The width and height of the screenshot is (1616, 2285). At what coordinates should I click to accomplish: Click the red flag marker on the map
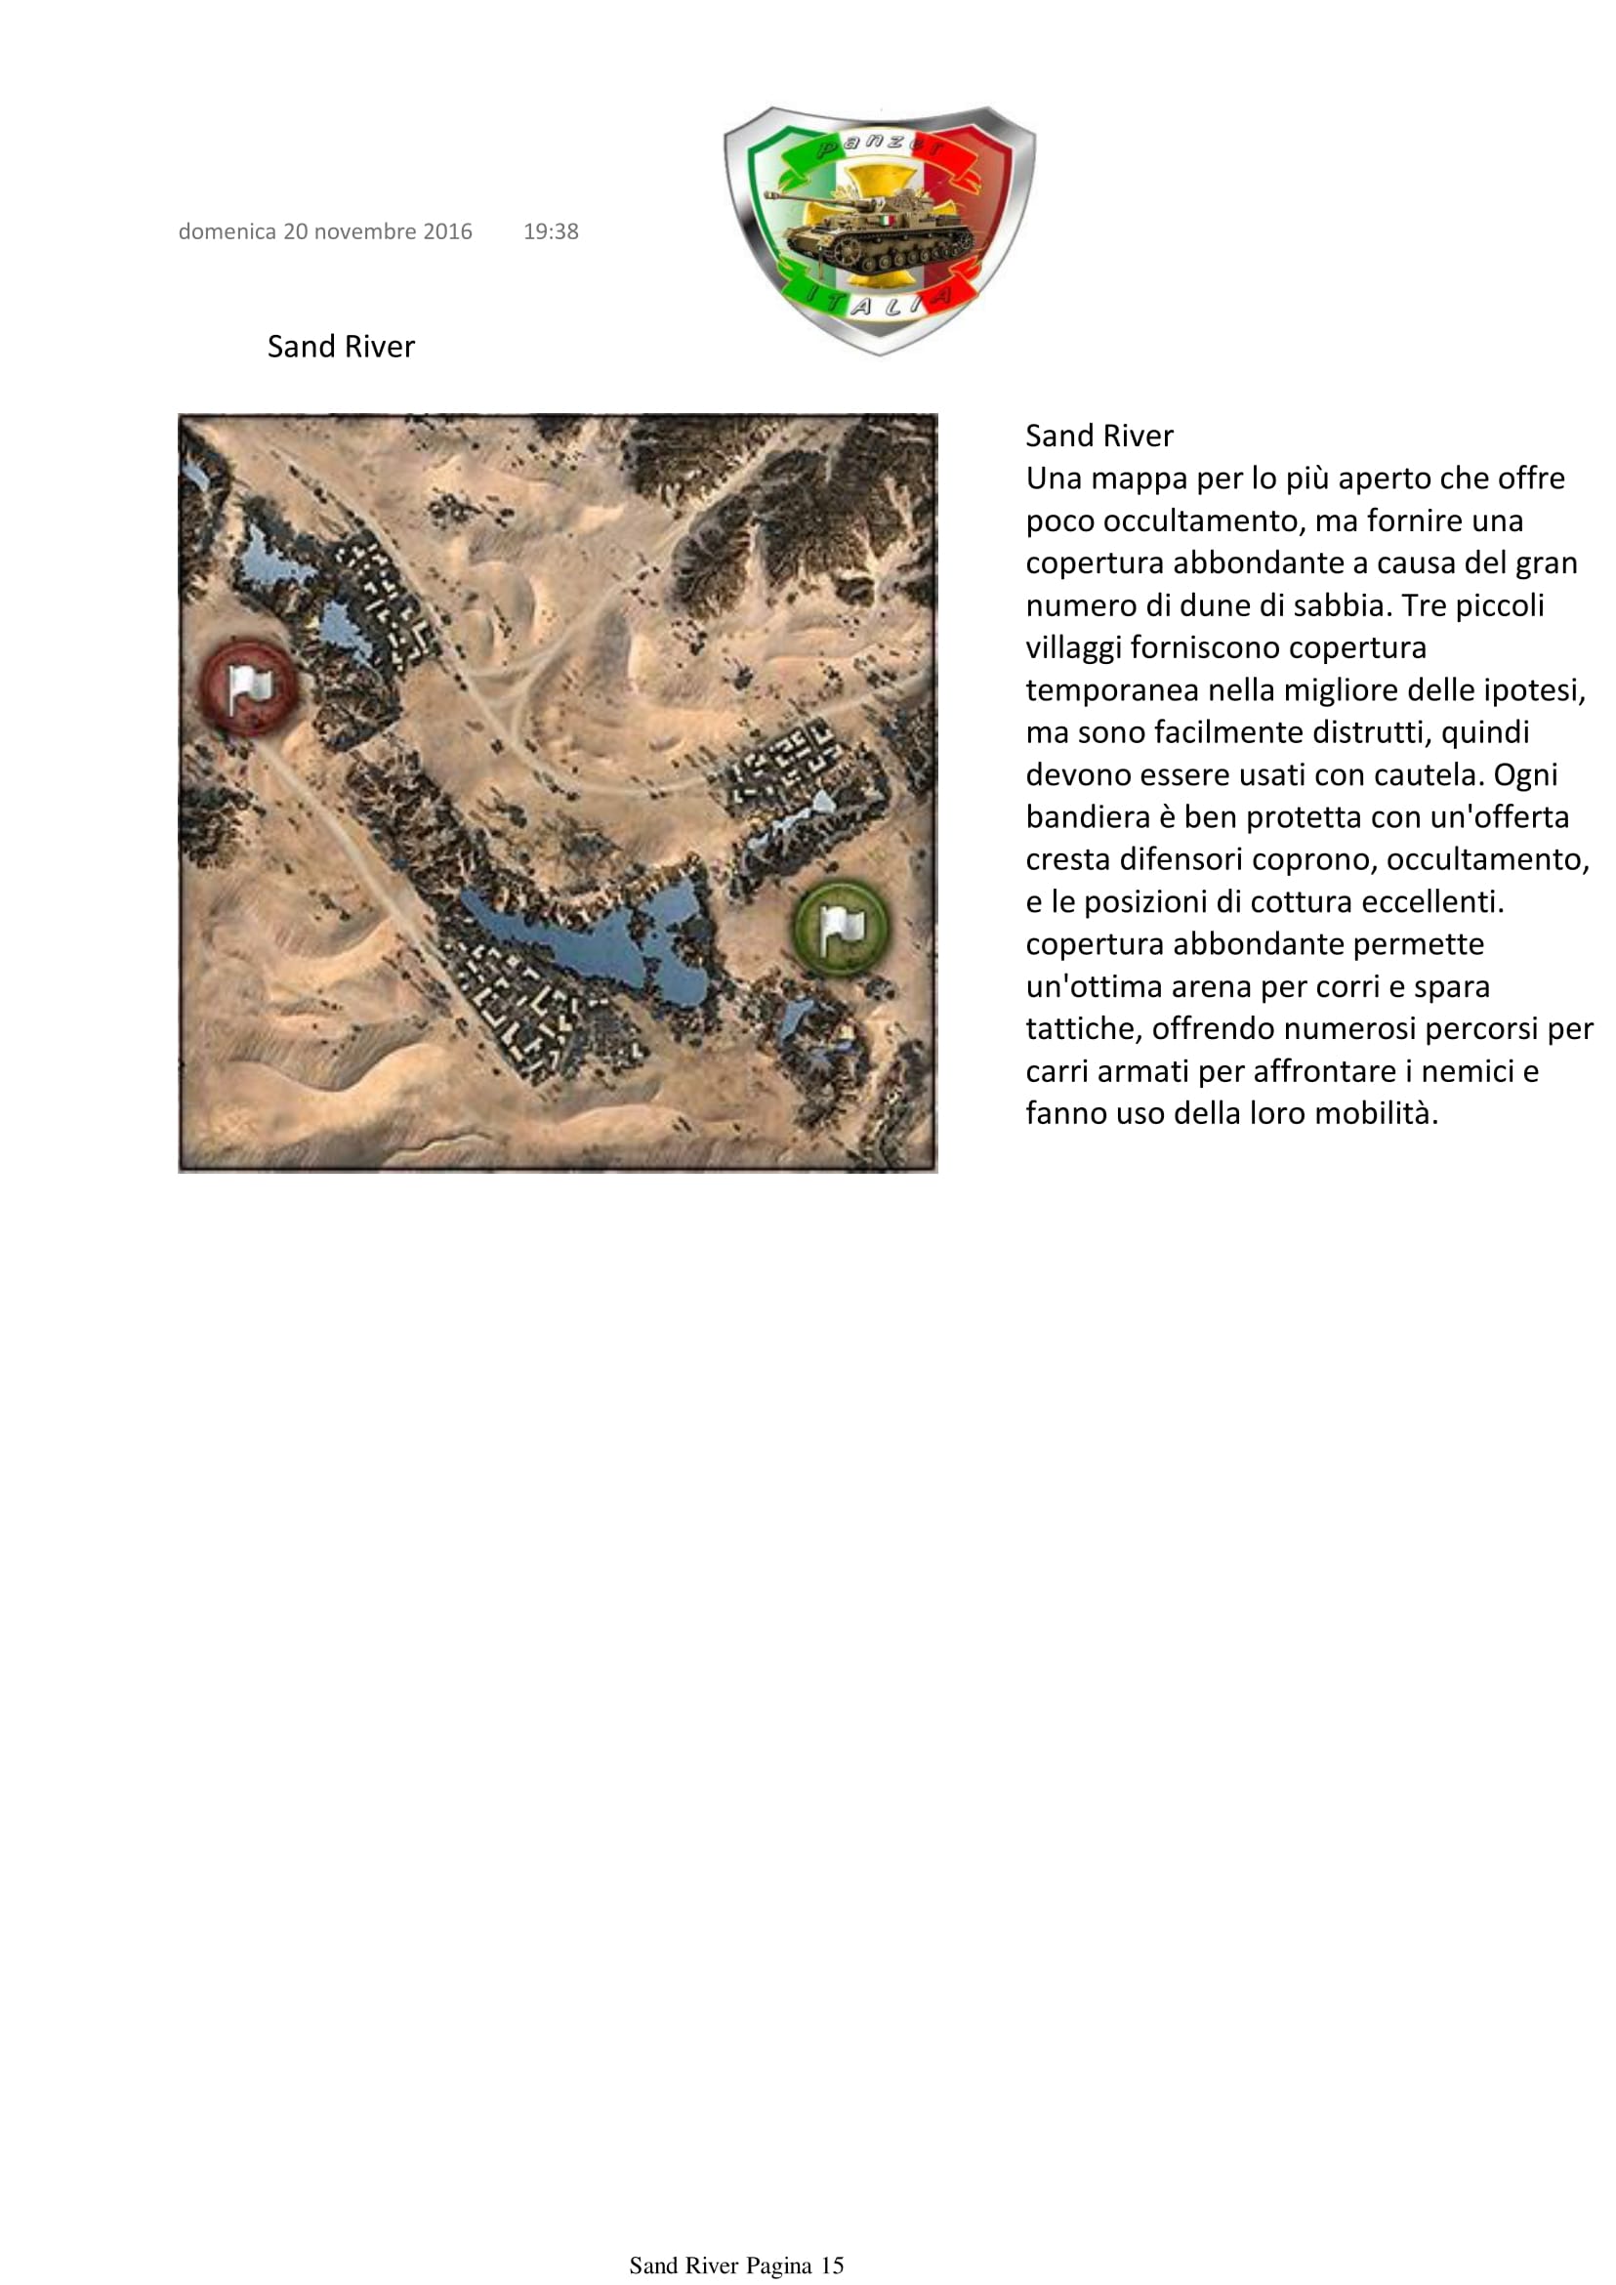[x=249, y=685]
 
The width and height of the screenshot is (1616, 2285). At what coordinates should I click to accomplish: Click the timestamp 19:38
[x=551, y=231]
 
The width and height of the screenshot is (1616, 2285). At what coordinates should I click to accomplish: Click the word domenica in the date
[x=227, y=231]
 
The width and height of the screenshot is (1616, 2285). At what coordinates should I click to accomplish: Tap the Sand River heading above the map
[x=341, y=347]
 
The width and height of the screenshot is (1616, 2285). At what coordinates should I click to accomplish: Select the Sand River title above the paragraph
[x=1098, y=436]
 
